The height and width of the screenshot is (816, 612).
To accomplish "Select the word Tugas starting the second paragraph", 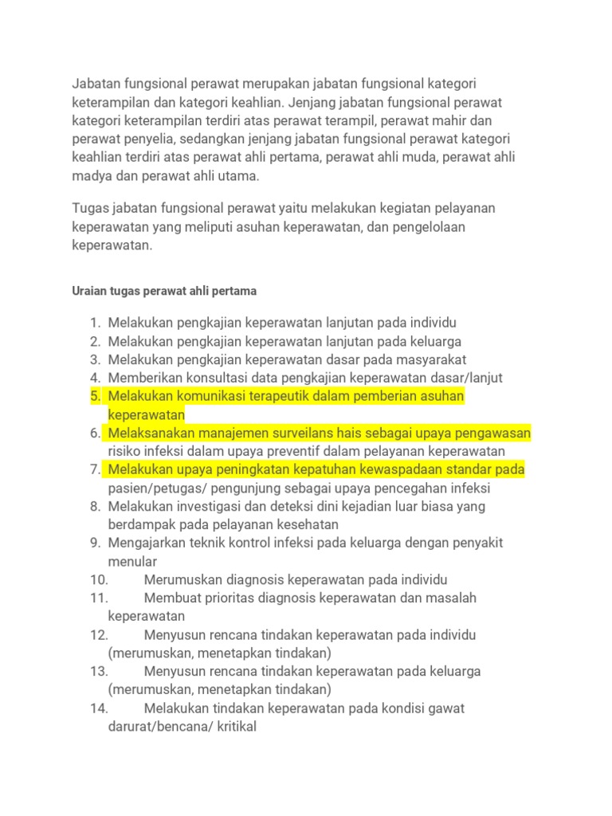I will point(91,208).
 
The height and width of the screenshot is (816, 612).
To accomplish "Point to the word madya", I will point(91,176).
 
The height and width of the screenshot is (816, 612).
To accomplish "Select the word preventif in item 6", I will point(318,451).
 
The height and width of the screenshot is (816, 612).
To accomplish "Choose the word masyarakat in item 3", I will point(427,359).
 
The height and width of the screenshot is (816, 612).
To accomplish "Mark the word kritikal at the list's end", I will point(234,727).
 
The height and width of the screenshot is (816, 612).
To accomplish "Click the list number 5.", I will point(96,396).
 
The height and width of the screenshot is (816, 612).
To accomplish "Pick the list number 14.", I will point(99,708).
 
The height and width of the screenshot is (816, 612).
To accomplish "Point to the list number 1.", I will point(95,323).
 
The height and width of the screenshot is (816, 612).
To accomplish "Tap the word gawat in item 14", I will point(445,708).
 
